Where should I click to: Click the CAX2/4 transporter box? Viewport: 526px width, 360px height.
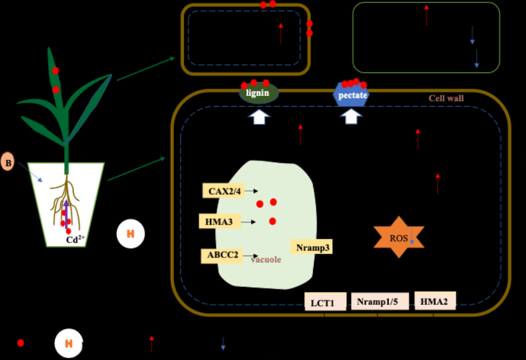(x=224, y=191)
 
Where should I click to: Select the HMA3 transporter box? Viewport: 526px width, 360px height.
(x=220, y=221)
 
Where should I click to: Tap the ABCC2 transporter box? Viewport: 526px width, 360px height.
(x=223, y=255)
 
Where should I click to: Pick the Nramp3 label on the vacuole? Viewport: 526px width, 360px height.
(x=311, y=247)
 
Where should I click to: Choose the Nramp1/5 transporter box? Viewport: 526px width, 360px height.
(x=381, y=301)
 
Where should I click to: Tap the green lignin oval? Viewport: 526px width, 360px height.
(x=259, y=94)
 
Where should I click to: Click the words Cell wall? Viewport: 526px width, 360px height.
(x=446, y=98)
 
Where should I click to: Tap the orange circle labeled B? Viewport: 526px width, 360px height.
(x=8, y=162)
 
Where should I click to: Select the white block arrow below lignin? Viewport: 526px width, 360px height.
(x=259, y=116)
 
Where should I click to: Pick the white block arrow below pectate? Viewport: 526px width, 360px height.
(x=351, y=116)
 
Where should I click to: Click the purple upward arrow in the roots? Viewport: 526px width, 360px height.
(x=67, y=213)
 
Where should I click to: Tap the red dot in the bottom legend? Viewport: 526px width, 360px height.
(x=20, y=343)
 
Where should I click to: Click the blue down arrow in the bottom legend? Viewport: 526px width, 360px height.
(x=223, y=343)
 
